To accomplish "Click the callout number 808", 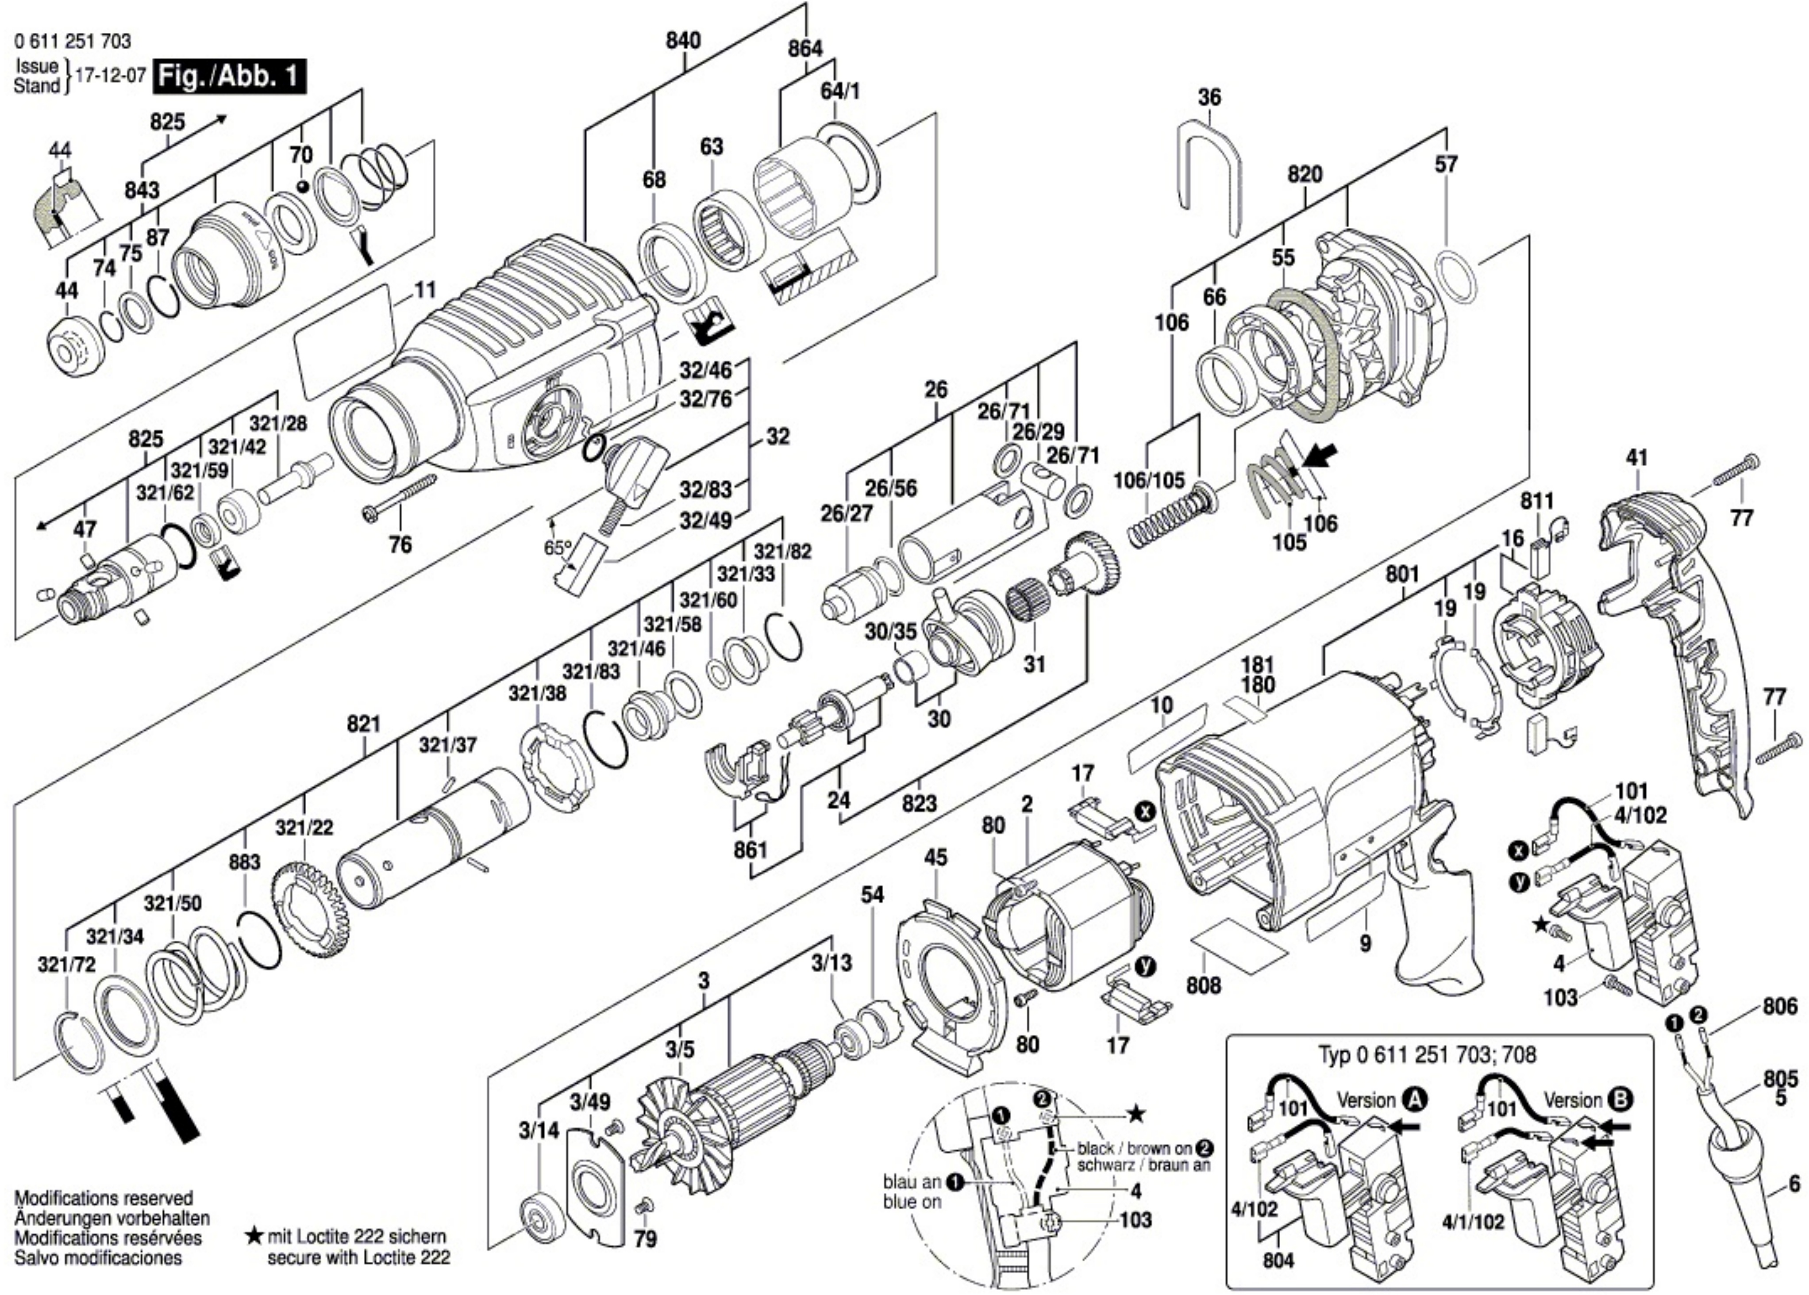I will [x=1203, y=985].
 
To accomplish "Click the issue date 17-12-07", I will [x=110, y=76].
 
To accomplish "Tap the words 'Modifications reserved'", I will [x=104, y=1199].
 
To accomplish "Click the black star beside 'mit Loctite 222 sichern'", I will [x=254, y=1238].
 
